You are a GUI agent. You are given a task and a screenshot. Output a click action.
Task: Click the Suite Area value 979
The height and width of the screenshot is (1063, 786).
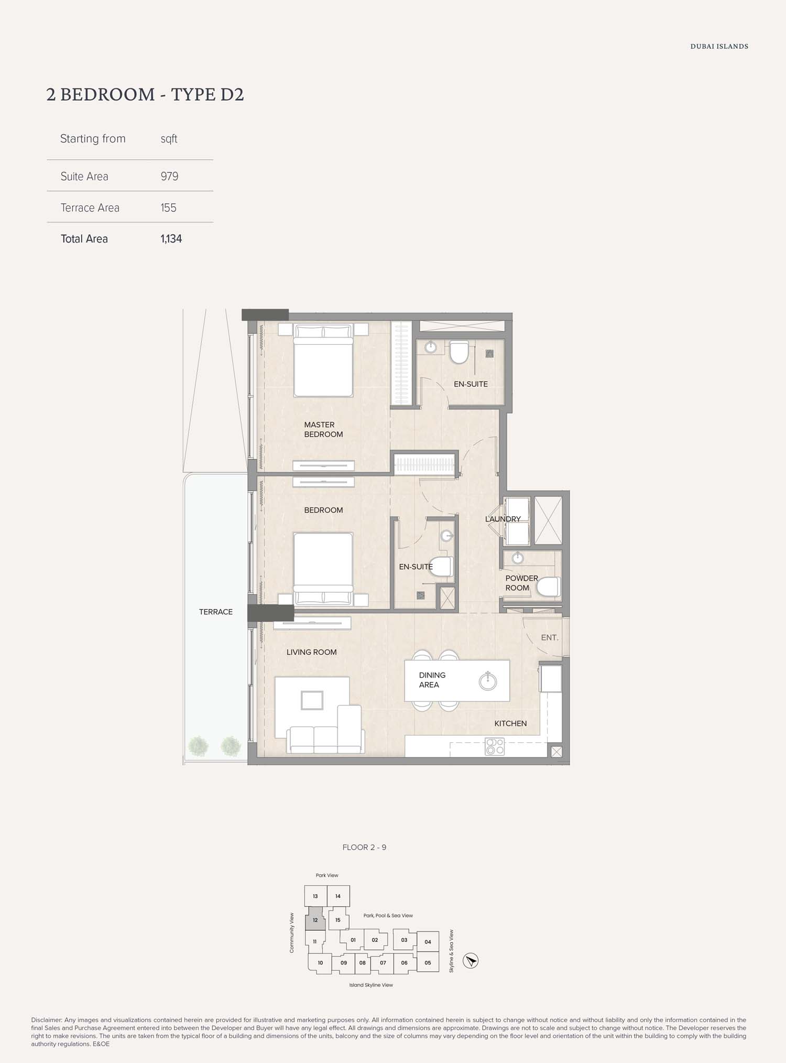169,176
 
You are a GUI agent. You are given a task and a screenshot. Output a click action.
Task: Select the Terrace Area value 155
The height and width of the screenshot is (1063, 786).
168,208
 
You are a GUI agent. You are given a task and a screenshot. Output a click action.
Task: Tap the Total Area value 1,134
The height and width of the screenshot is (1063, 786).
171,239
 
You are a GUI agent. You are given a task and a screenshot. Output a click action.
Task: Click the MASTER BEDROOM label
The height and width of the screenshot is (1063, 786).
323,429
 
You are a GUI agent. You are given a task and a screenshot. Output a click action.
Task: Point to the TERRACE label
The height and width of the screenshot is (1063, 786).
216,612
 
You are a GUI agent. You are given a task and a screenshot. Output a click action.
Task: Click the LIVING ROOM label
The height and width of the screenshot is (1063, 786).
311,652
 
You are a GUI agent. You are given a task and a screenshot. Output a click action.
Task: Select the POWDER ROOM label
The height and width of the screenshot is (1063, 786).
521,583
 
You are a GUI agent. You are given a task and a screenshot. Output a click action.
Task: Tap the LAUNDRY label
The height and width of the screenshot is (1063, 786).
503,519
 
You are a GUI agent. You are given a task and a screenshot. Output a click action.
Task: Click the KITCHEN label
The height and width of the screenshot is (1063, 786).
510,723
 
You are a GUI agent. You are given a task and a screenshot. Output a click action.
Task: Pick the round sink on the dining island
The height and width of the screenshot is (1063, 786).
488,681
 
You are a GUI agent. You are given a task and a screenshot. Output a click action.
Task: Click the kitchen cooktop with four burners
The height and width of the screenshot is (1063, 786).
495,746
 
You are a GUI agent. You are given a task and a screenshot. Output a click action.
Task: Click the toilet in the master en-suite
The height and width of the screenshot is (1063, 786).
459,352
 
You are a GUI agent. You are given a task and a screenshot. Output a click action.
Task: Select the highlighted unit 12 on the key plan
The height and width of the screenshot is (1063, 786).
315,920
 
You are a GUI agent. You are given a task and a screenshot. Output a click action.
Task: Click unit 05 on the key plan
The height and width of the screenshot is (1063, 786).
428,962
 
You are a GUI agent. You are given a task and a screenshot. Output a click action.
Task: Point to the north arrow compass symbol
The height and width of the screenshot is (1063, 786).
471,961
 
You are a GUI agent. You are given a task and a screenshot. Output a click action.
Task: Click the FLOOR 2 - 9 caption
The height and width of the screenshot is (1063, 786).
364,848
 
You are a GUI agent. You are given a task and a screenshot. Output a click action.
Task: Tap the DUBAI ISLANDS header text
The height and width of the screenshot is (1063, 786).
719,46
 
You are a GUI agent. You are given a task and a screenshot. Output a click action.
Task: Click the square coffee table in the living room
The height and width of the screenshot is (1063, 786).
312,700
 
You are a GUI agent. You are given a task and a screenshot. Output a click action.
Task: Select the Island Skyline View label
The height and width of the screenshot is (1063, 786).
371,985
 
